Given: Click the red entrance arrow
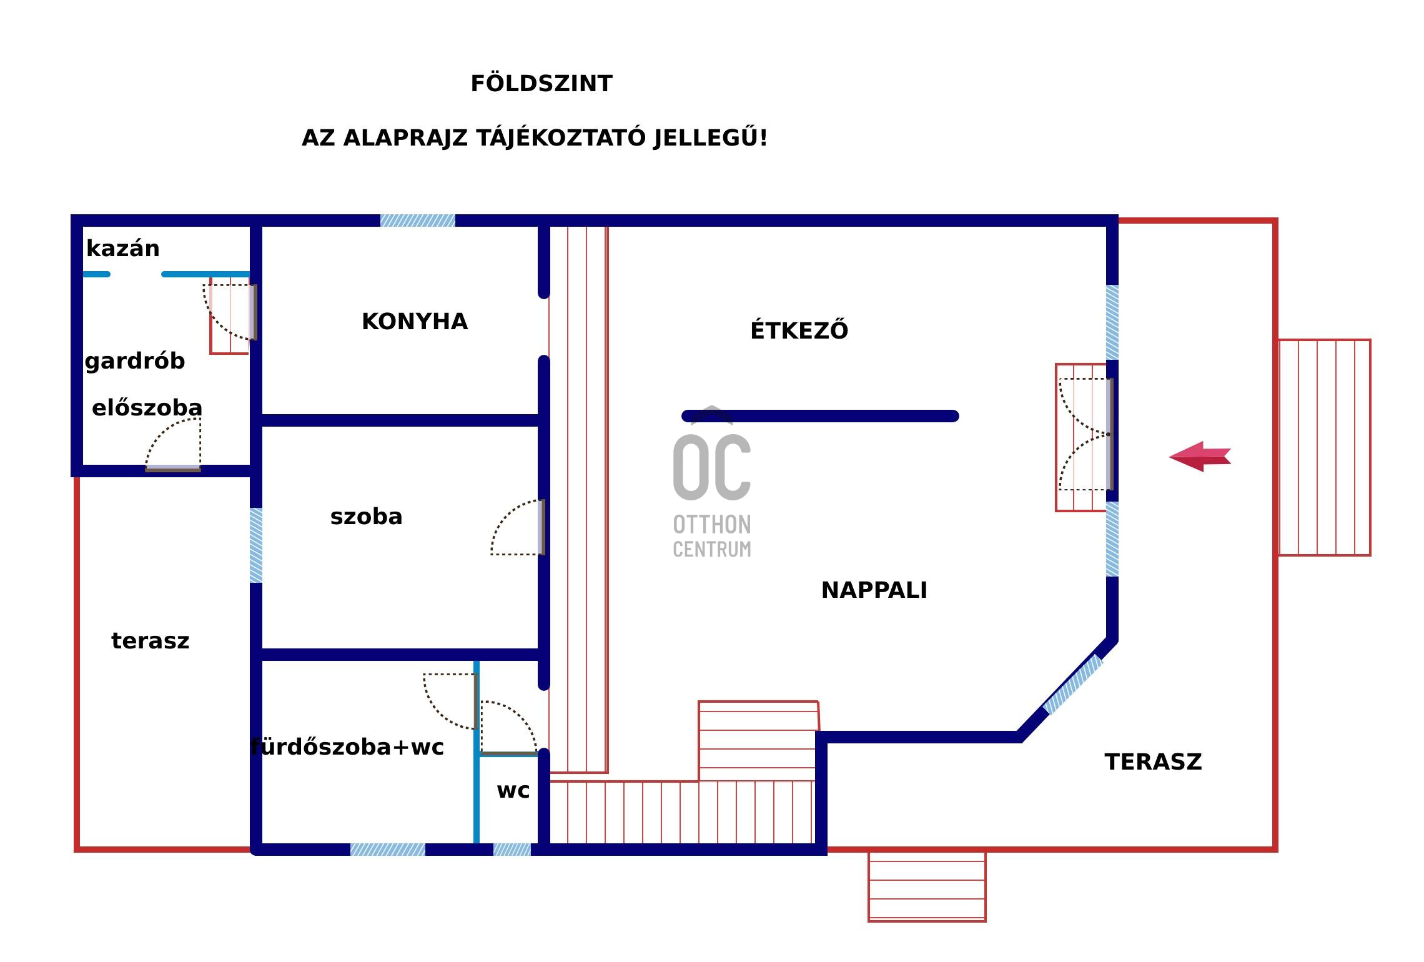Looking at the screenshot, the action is (x=1200, y=456).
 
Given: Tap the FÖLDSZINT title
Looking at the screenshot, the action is (x=541, y=84).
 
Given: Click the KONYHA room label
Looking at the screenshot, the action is (x=415, y=322).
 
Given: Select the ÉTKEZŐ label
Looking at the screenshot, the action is (x=799, y=330).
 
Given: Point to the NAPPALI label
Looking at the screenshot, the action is (x=874, y=590).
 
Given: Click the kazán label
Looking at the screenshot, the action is (x=123, y=249).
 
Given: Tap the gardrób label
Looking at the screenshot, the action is (x=135, y=361).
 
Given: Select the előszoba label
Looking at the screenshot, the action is (x=147, y=408).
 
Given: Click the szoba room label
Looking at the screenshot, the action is (x=366, y=517).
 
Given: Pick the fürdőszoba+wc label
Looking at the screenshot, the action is (x=347, y=747).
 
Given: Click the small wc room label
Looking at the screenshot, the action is (x=513, y=791).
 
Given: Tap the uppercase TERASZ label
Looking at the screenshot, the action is (x=1153, y=762).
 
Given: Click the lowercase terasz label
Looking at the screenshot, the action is (x=150, y=641).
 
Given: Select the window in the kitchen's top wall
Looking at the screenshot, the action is (x=418, y=221).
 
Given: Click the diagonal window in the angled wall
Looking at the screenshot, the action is (x=1074, y=685).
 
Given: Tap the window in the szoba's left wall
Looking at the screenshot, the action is (x=256, y=545).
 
